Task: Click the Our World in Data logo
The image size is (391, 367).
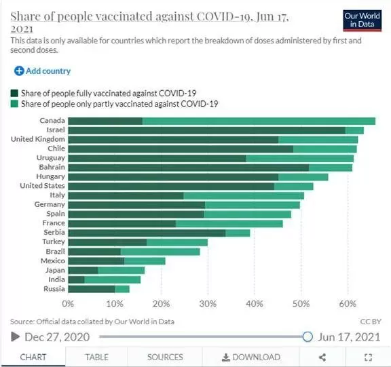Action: coord(362,20)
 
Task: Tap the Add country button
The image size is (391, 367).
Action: coord(42,71)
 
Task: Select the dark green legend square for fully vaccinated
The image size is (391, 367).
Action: coord(14,93)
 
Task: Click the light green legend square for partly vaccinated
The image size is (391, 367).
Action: coord(14,104)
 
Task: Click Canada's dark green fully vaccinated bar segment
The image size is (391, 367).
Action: coord(105,121)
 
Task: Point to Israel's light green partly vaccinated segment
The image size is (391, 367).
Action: coord(354,130)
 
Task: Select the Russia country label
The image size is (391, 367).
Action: coord(54,289)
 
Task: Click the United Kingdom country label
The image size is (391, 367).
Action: coord(38,139)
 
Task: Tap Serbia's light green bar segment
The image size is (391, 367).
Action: coord(238,233)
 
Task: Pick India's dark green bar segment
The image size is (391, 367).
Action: coord(76,279)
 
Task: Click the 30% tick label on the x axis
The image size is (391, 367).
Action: coord(208,304)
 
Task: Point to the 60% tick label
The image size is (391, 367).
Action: coord(348,304)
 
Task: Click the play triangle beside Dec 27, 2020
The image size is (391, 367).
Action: coord(15,337)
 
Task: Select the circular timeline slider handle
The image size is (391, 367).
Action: coord(308,336)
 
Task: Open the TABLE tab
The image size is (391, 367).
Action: coord(97,358)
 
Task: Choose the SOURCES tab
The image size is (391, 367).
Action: coord(165,358)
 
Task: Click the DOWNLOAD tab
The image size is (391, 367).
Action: coord(251,358)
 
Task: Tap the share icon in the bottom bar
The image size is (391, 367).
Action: coord(322,358)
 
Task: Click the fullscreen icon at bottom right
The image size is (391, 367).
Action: coord(369,358)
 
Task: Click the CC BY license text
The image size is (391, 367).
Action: coord(371,322)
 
